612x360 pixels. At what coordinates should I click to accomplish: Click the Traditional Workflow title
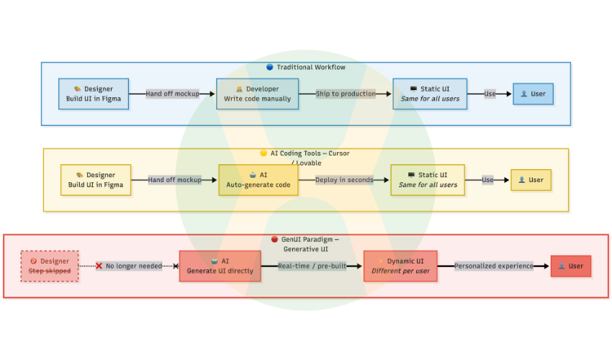(x=306, y=67)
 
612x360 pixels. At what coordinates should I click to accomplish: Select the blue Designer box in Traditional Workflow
(x=94, y=94)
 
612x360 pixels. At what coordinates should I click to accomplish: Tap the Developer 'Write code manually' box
(x=257, y=94)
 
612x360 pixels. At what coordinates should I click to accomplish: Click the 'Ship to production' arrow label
(x=346, y=94)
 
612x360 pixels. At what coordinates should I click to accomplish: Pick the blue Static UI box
(x=429, y=94)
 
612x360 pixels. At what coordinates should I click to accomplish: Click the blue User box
(x=533, y=94)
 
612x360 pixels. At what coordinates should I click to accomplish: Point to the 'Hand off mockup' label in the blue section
(x=172, y=94)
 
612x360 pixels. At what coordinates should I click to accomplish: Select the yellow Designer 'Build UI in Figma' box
(x=96, y=180)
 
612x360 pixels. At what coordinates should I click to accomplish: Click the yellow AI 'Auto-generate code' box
(x=258, y=180)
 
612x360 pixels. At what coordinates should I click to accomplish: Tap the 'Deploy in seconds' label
(x=344, y=180)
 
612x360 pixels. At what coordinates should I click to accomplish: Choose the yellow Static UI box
(x=428, y=180)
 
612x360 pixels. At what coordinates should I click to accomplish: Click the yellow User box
(x=531, y=180)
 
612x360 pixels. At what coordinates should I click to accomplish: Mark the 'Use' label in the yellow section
(x=488, y=180)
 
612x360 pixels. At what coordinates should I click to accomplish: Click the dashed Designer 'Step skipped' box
(x=50, y=266)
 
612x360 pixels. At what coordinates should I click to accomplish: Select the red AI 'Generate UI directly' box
(x=220, y=266)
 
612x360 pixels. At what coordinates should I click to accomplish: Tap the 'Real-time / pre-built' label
(x=312, y=266)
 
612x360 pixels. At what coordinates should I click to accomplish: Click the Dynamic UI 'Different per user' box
(x=400, y=266)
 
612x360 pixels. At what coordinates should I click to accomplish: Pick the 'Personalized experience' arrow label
(x=494, y=266)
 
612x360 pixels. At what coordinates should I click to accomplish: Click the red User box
(x=570, y=266)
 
